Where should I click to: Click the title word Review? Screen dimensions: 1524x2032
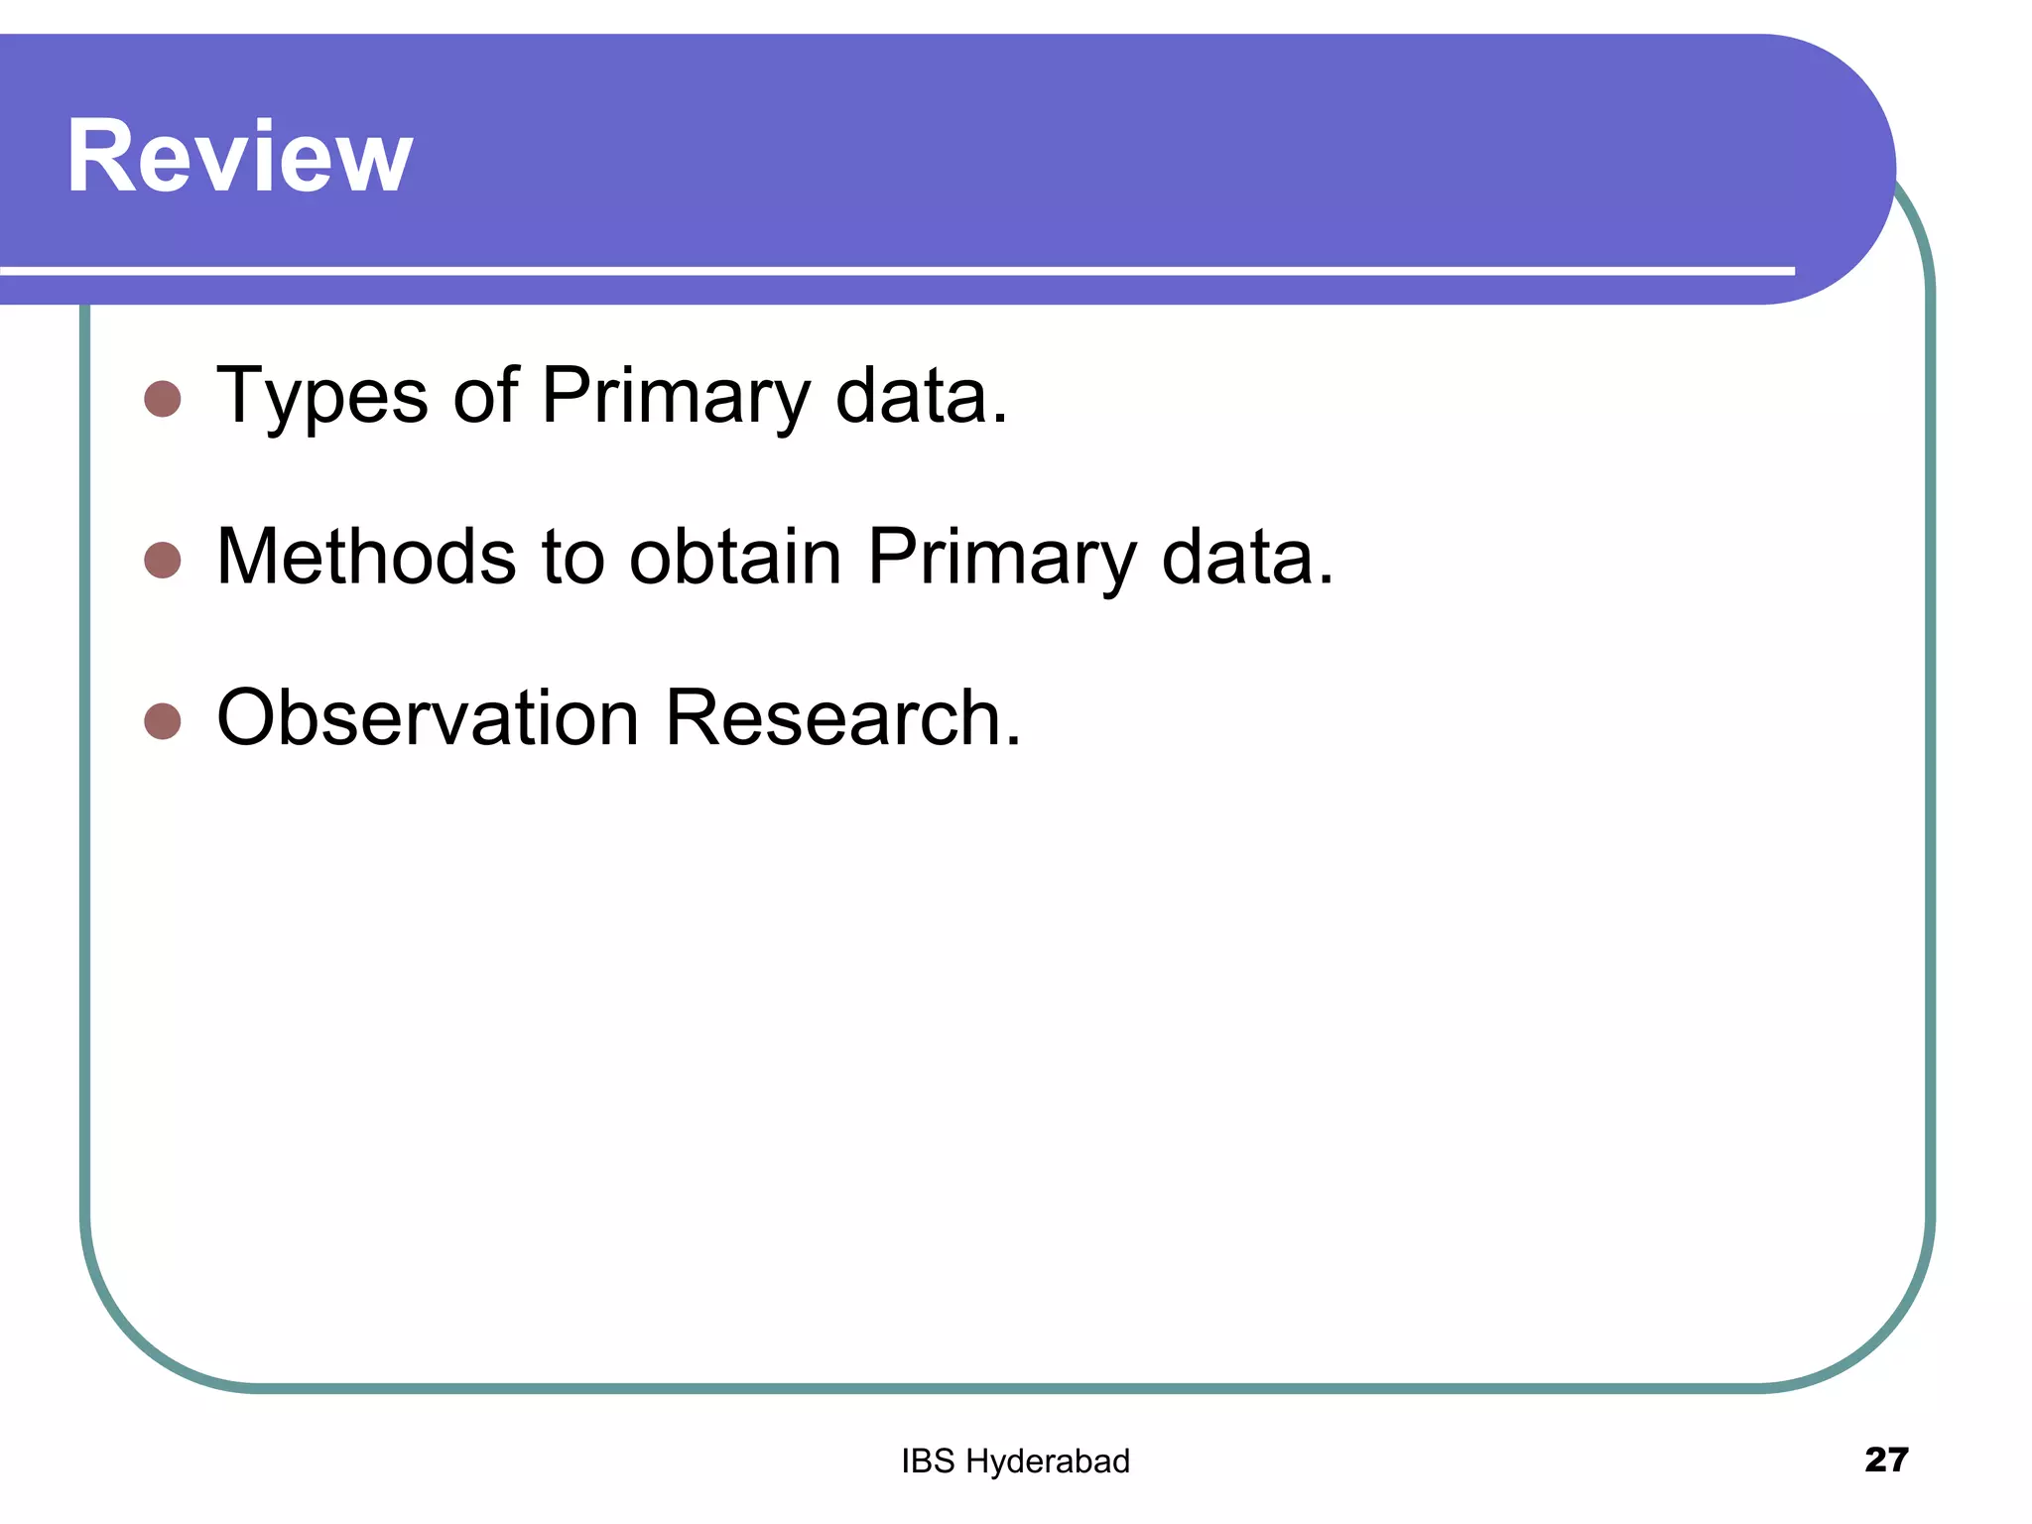pyautogui.click(x=239, y=157)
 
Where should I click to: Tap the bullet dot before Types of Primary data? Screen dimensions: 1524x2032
pyautogui.click(x=163, y=399)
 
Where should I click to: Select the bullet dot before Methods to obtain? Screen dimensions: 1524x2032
pyautogui.click(x=163, y=560)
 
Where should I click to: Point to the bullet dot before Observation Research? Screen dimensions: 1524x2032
pyautogui.click(x=163, y=721)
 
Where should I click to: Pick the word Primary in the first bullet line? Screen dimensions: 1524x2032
pyautogui.click(x=676, y=397)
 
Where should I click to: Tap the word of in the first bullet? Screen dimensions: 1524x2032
pyautogui.click(x=485, y=395)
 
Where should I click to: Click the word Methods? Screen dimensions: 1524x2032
pyautogui.click(x=366, y=556)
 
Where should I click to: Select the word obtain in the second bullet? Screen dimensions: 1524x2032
pyautogui.click(x=735, y=556)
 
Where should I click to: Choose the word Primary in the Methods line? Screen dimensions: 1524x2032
pyautogui.click(x=1001, y=558)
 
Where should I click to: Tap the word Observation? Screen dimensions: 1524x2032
pyautogui.click(x=428, y=717)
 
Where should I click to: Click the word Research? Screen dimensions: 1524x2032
pyautogui.click(x=832, y=717)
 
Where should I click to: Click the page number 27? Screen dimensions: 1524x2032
pyautogui.click(x=1886, y=1460)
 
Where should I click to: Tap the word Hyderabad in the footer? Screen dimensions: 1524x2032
pyautogui.click(x=1048, y=1461)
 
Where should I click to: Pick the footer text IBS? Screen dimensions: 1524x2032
pyautogui.click(x=928, y=1460)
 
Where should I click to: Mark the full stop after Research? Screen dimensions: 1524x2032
pyautogui.click(x=1013, y=741)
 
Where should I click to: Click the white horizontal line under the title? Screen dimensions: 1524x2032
pyautogui.click(x=893, y=270)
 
